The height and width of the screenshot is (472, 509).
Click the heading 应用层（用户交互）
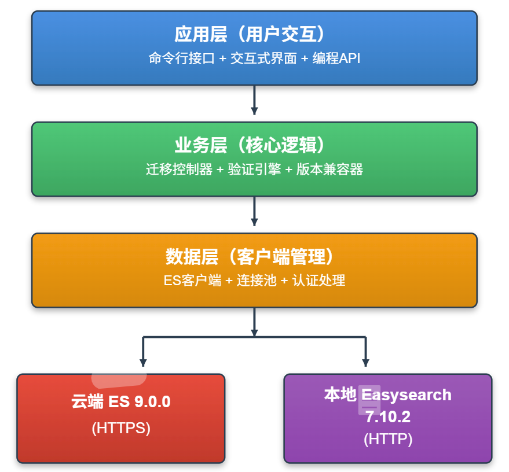(254, 35)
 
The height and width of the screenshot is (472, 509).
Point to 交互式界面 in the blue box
(263, 58)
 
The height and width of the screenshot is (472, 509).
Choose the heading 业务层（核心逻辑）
(254, 146)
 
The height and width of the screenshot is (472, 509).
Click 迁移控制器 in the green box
(179, 169)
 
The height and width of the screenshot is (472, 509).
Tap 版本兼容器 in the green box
(329, 169)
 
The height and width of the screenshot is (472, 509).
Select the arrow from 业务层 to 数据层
(254, 213)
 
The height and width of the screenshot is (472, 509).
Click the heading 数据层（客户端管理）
(254, 257)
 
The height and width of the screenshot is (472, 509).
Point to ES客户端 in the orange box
(192, 281)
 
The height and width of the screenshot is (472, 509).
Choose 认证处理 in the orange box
(318, 281)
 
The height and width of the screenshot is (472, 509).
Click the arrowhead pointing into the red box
(143, 362)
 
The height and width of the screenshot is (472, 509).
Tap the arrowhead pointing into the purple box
(365, 362)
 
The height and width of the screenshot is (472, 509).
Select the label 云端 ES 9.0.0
(121, 402)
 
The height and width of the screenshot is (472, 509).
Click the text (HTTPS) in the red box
(121, 428)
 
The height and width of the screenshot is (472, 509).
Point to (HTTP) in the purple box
(387, 439)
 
